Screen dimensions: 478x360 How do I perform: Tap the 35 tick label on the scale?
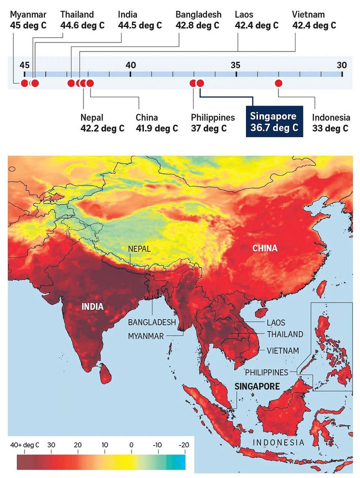click(x=235, y=64)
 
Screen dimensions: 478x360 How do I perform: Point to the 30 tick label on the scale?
click(x=341, y=64)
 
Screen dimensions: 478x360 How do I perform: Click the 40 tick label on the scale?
click(x=130, y=64)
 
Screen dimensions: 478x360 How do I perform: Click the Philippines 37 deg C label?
click(x=212, y=123)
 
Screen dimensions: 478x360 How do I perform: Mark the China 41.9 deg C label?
click(x=156, y=123)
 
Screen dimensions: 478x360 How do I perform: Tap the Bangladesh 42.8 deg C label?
click(x=198, y=19)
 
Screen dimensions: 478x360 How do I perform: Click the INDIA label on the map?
click(x=92, y=306)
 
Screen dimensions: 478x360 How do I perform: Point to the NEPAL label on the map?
click(x=139, y=248)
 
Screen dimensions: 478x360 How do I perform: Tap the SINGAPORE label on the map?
click(x=257, y=386)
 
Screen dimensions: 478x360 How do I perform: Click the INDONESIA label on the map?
click(x=278, y=443)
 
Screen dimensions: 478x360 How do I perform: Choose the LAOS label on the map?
click(x=276, y=323)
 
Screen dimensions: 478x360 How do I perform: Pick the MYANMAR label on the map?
click(x=145, y=336)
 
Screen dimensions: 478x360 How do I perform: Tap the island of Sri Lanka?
click(x=105, y=373)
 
